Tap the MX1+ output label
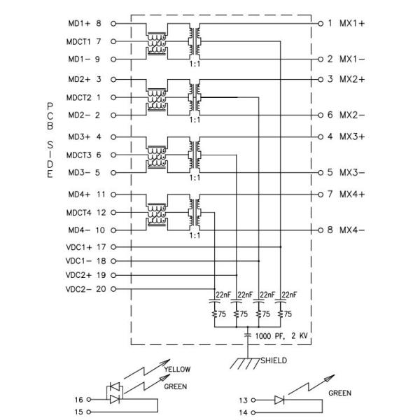[352, 23]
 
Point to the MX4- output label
[352, 230]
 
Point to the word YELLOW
[176, 370]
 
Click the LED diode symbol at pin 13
[278, 400]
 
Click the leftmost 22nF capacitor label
[223, 295]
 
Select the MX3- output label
[352, 172]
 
